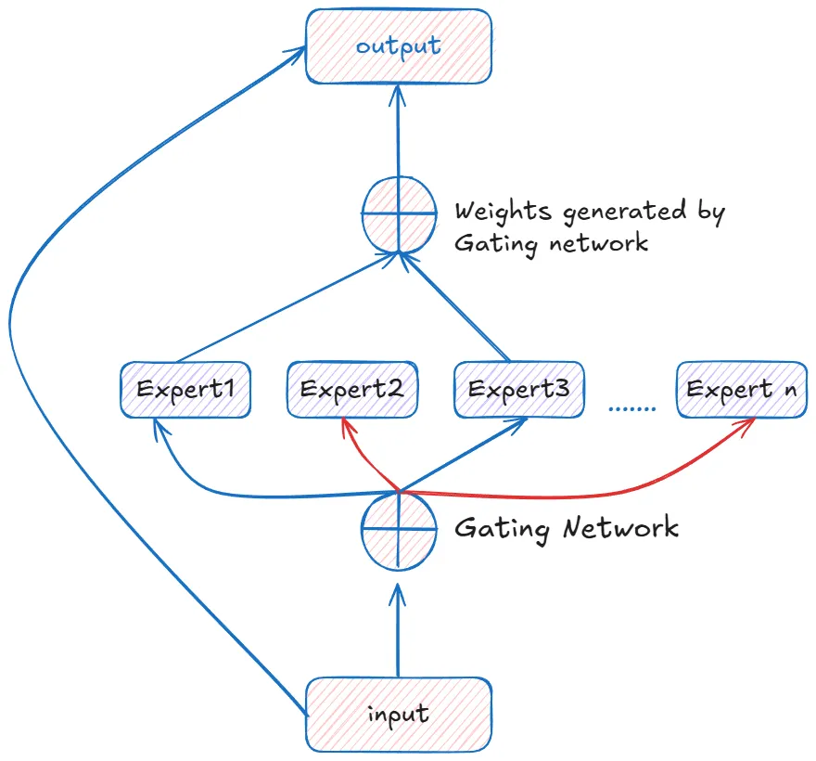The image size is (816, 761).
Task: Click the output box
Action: (399, 45)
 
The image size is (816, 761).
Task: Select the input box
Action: (399, 714)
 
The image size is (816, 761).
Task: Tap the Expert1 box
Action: (185, 389)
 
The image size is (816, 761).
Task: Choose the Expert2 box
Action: (352, 389)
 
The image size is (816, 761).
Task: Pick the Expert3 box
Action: (519, 389)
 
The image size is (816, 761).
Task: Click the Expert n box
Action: (742, 389)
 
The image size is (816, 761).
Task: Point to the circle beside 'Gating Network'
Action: (399, 529)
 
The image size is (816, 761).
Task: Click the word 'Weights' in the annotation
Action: (502, 211)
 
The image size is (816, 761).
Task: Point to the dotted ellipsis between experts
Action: (632, 407)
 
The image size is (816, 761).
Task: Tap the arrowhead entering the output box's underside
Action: (399, 90)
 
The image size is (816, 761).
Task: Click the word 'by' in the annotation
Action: (710, 211)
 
